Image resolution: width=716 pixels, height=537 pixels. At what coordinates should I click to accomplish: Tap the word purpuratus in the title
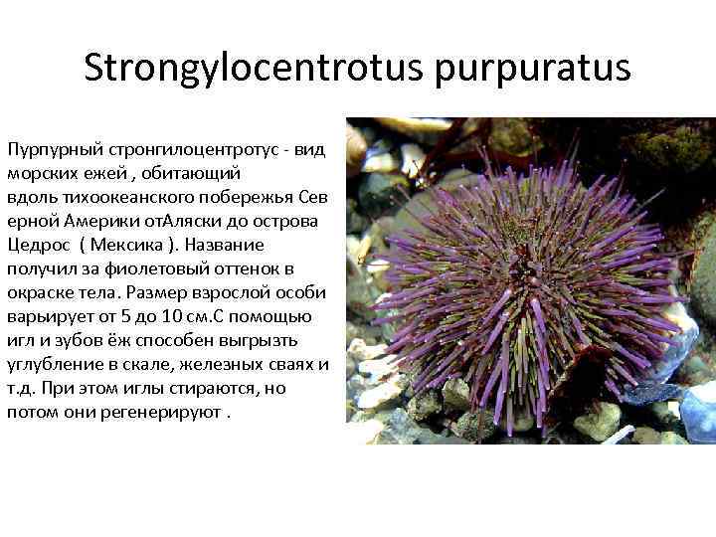coord(537,69)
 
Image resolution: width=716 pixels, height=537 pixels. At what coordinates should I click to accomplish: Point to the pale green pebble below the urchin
coord(596,422)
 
